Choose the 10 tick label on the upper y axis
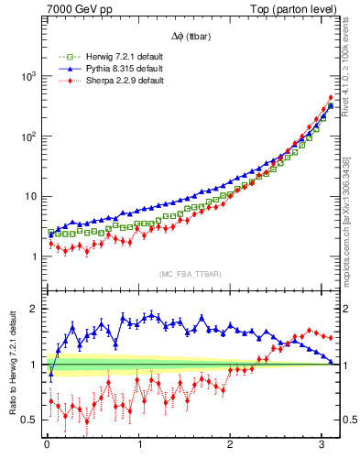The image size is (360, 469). click(x=30, y=197)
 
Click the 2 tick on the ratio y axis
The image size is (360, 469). click(x=34, y=309)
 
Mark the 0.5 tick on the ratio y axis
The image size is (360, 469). click(x=30, y=420)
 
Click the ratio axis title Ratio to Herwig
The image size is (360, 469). click(x=12, y=365)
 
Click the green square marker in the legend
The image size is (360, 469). click(x=64, y=57)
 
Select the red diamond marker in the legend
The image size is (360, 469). click(x=64, y=81)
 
